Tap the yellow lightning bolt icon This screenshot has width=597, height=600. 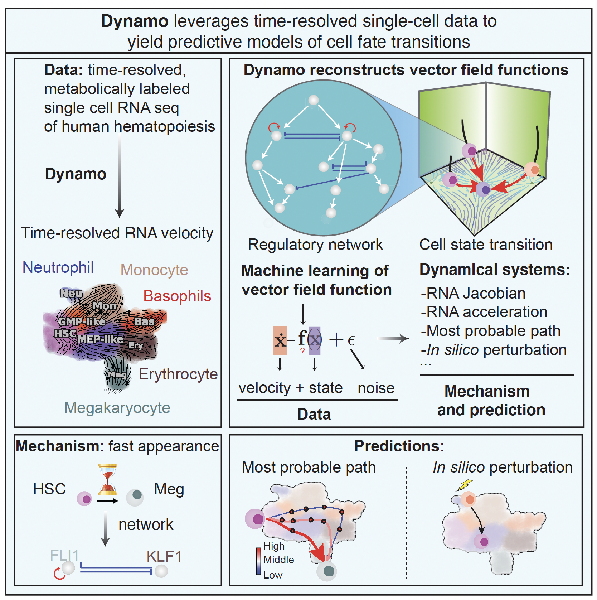[x=464, y=485]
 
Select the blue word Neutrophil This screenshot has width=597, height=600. [x=58, y=267]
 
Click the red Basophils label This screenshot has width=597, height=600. [x=177, y=296]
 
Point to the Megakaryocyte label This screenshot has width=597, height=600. [x=117, y=408]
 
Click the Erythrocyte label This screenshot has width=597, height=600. [x=178, y=374]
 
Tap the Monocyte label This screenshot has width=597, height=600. [x=154, y=270]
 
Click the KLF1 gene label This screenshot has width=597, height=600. [x=164, y=557]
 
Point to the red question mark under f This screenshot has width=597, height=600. [x=302, y=351]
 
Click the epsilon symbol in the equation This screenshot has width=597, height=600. [x=351, y=340]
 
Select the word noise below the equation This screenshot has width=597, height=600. [x=376, y=388]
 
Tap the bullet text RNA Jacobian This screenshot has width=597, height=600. [x=473, y=293]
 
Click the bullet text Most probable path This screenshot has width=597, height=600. [x=490, y=331]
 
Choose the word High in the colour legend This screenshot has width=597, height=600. [x=274, y=546]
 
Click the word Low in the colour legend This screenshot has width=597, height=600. [x=273, y=575]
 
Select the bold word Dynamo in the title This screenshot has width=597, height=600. [x=135, y=21]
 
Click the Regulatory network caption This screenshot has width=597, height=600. [x=315, y=245]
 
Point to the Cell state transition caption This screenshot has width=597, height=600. [x=486, y=245]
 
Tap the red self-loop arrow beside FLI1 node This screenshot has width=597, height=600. [x=59, y=574]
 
